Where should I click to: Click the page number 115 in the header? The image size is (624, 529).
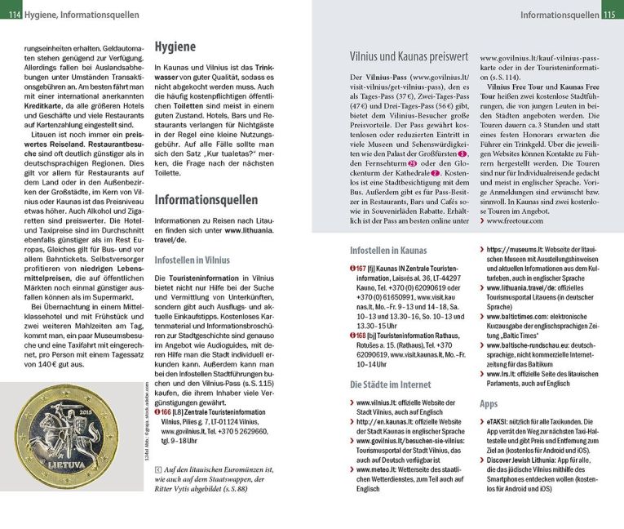pyautogui.click(x=613, y=15)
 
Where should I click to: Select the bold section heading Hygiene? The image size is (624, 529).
pyautogui.click(x=175, y=48)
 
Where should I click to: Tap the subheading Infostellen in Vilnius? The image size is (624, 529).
pyautogui.click(x=192, y=260)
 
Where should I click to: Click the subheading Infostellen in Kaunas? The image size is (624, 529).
pyautogui.click(x=388, y=250)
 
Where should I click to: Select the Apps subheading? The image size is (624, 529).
pyautogui.click(x=489, y=403)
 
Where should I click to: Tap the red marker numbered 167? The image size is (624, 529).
pyautogui.click(x=357, y=268)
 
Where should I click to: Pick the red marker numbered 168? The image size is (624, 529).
pyautogui.click(x=357, y=336)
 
